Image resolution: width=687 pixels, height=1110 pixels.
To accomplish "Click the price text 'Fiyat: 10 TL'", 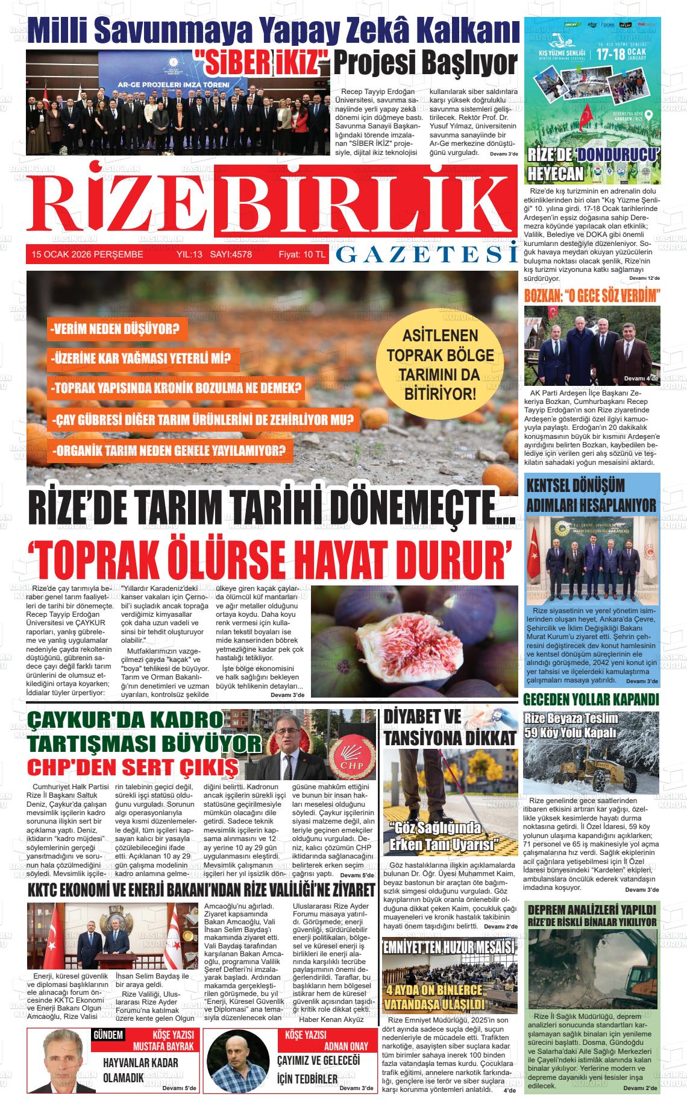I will [301, 254].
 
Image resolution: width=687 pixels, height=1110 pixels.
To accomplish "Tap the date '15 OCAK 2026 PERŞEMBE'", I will [87, 254].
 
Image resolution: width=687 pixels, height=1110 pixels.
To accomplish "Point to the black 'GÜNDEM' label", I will [108, 1035].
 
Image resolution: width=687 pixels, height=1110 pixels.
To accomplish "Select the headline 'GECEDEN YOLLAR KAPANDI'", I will [591, 699].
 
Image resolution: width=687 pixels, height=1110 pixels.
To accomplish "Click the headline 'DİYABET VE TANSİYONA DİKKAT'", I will [450, 727].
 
